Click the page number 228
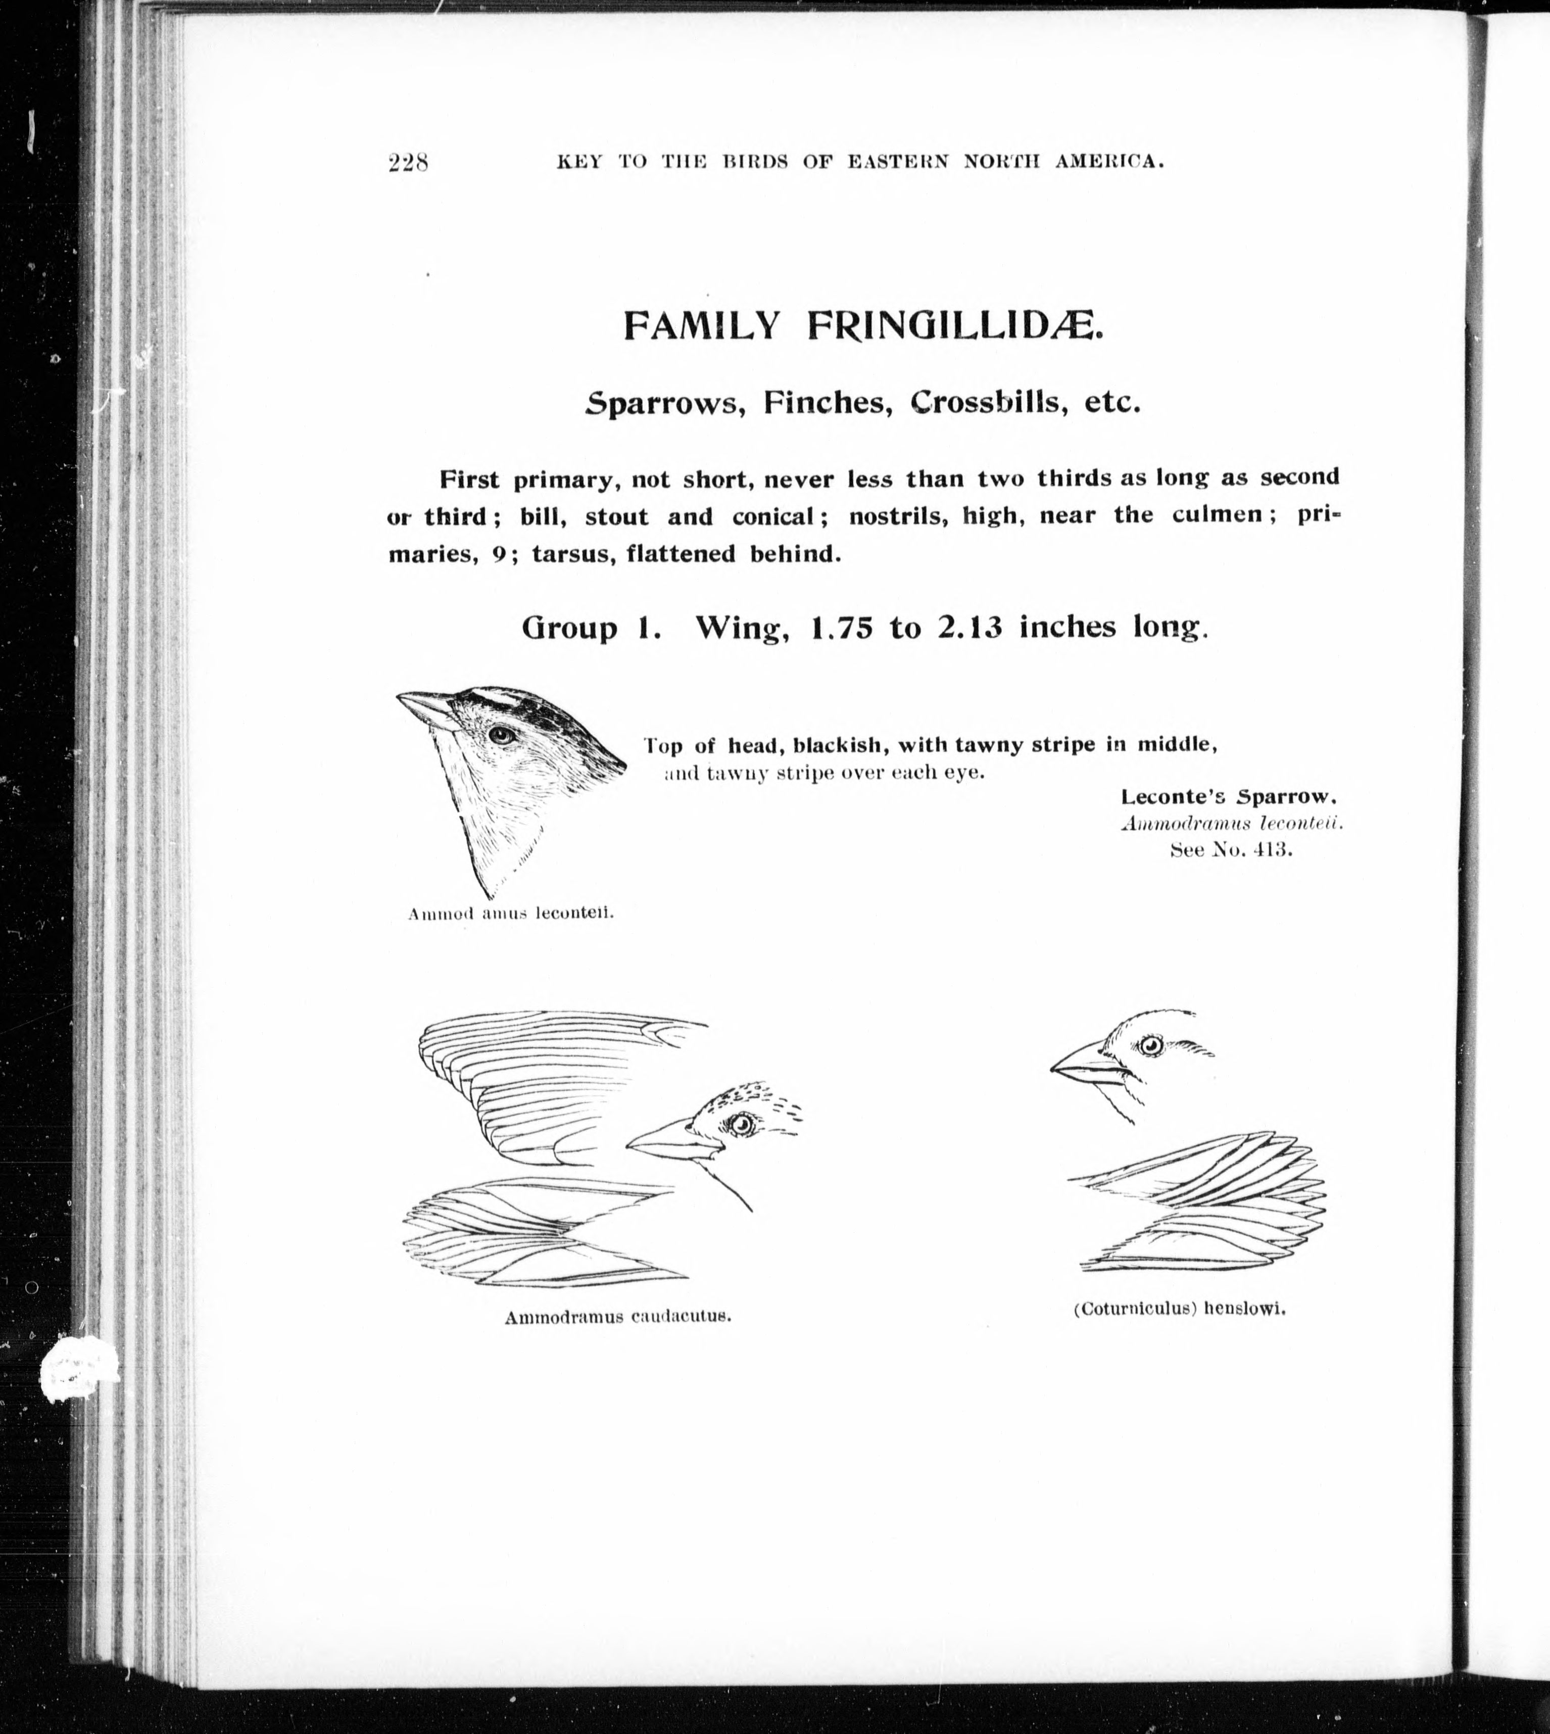click(407, 162)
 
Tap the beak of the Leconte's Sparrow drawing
click(426, 708)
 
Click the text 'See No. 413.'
click(1232, 850)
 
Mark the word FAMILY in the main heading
click(701, 325)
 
